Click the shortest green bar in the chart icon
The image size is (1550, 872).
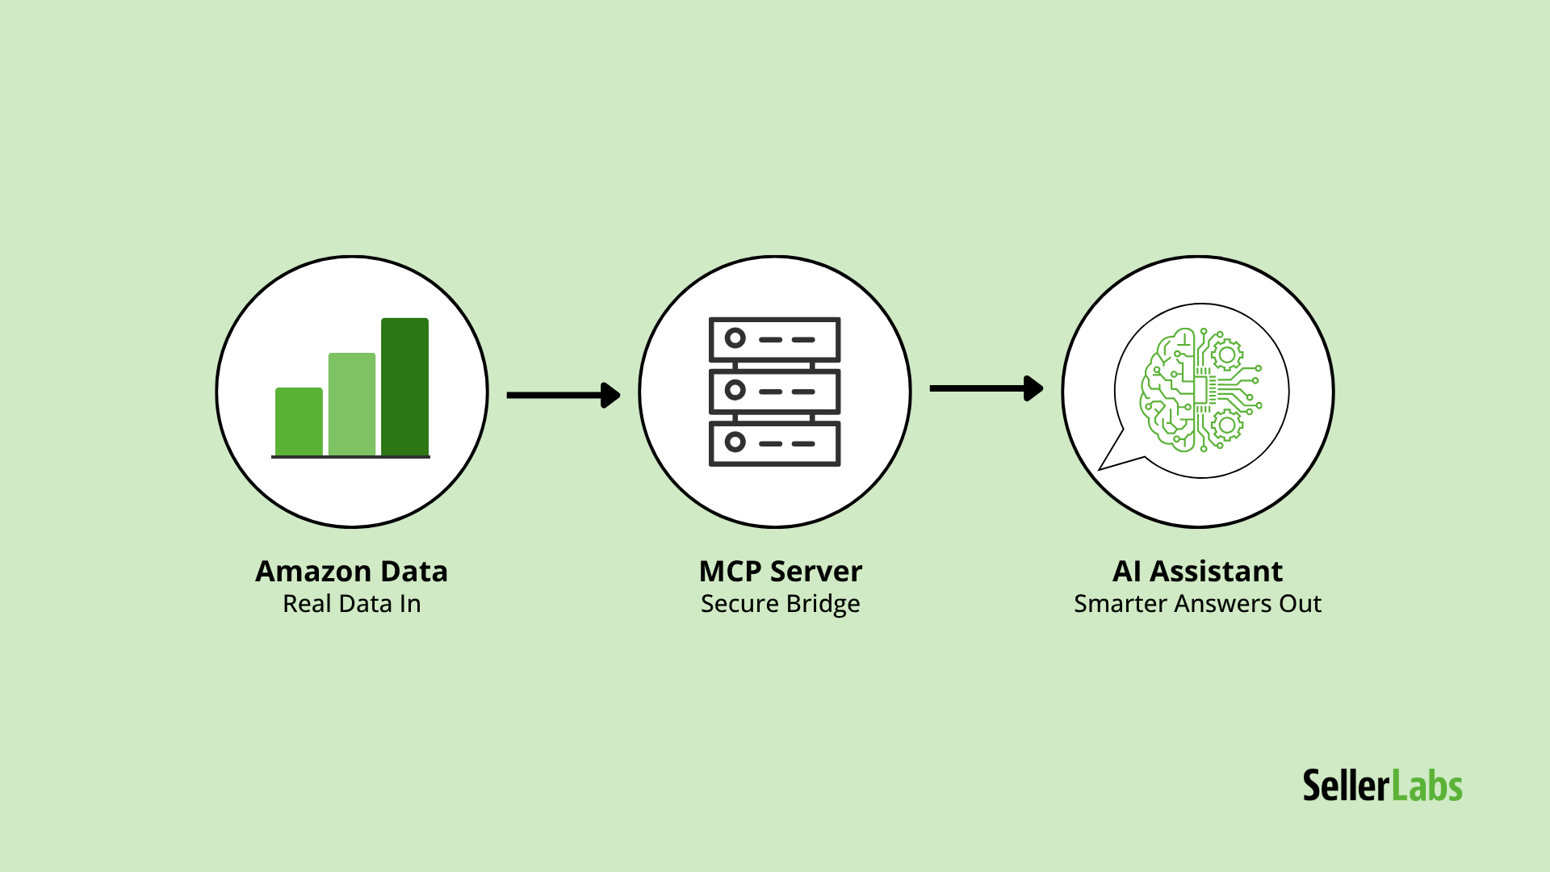[299, 422]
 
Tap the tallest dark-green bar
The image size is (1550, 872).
[404, 387]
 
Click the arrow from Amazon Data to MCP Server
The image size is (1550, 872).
[563, 395]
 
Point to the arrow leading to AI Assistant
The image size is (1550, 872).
[986, 388]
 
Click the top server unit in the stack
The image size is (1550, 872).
[774, 339]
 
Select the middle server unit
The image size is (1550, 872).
[774, 391]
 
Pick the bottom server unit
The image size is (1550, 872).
[774, 443]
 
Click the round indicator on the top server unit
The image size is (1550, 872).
[735, 338]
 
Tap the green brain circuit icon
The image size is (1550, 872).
[1200, 390]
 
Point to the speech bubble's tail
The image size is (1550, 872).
[1115, 457]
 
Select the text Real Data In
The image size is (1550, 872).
[351, 604]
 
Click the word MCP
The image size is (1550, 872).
[730, 572]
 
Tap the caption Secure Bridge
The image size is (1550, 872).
[780, 604]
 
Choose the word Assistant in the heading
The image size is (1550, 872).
[1216, 572]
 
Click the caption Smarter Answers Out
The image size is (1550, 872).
[1197, 604]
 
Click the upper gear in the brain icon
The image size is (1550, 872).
[1226, 354]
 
